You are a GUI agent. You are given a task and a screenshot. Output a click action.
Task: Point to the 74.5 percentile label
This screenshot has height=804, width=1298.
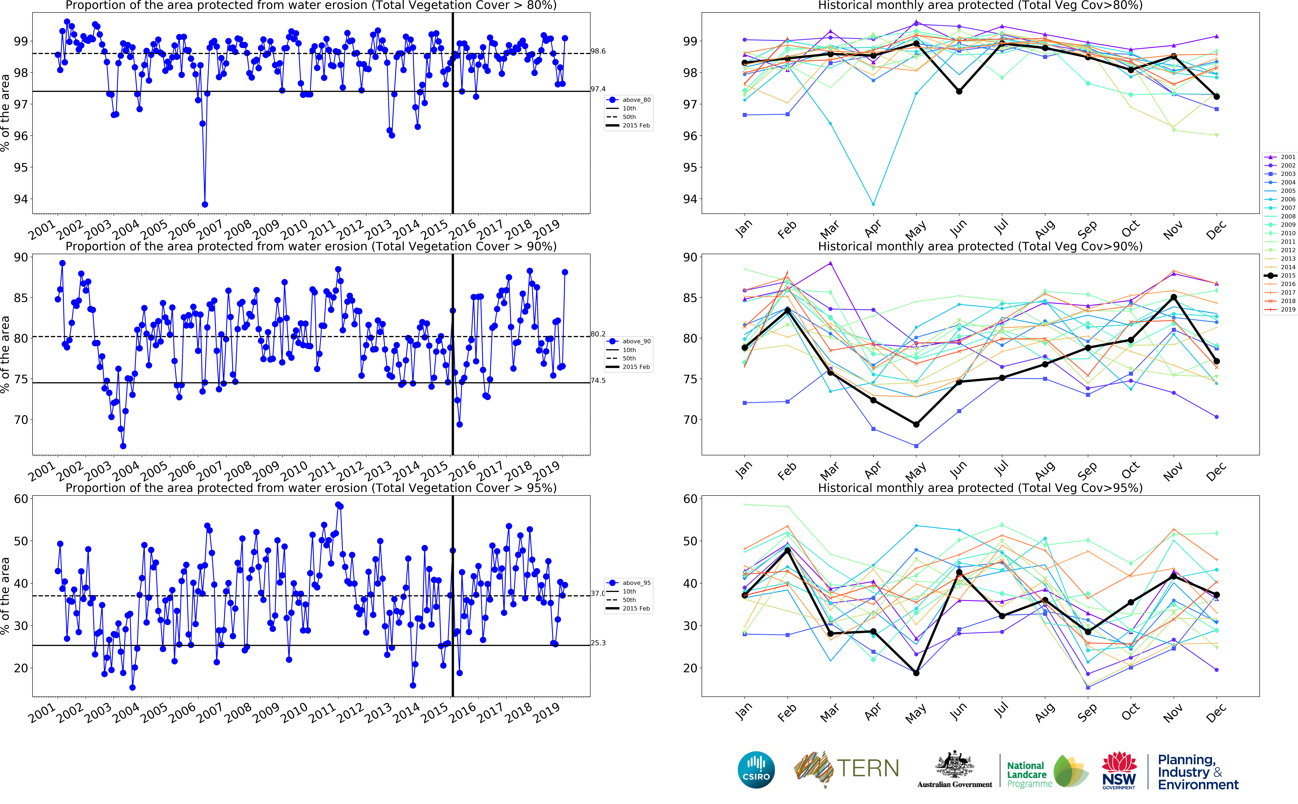click(598, 381)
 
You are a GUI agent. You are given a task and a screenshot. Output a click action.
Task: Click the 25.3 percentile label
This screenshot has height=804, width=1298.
click(598, 643)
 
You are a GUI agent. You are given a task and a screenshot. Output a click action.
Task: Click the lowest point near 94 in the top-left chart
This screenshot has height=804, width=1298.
click(205, 204)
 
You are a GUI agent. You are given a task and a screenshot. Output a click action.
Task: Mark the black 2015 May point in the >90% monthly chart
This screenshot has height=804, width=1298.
click(916, 424)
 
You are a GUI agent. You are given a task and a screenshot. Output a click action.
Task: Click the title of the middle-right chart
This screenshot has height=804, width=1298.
click(980, 246)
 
